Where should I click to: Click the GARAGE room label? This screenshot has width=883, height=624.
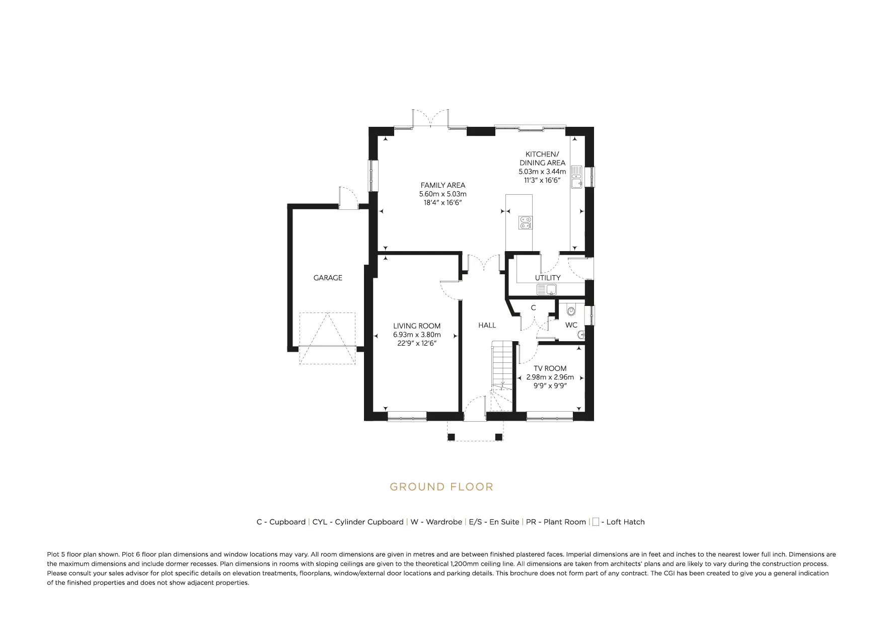[328, 278]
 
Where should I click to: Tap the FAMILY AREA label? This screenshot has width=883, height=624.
[443, 185]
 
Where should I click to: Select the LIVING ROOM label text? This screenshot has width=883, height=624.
[417, 326]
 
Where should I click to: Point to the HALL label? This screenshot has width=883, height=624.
[487, 326]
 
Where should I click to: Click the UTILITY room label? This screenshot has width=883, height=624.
[548, 278]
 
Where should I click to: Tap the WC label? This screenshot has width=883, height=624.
[571, 325]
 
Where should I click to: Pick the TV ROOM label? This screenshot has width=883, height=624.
[550, 368]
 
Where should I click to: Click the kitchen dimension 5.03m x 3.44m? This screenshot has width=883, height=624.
[542, 172]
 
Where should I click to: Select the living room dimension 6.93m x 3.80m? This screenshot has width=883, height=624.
[417, 335]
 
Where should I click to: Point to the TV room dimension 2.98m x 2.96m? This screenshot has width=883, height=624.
[550, 377]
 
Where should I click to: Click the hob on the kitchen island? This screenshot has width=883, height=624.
[526, 222]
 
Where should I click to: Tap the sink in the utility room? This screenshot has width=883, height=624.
[547, 289]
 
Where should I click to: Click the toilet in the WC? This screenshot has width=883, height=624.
[571, 310]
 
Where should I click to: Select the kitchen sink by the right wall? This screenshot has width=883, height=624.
[576, 177]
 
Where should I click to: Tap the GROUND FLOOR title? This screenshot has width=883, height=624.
[441, 487]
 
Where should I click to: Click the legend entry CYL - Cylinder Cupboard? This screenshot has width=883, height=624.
[358, 522]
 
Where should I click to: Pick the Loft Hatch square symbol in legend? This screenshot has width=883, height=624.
[596, 522]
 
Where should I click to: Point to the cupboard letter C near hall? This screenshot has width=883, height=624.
[533, 307]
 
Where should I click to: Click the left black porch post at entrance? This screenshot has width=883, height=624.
[451, 437]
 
